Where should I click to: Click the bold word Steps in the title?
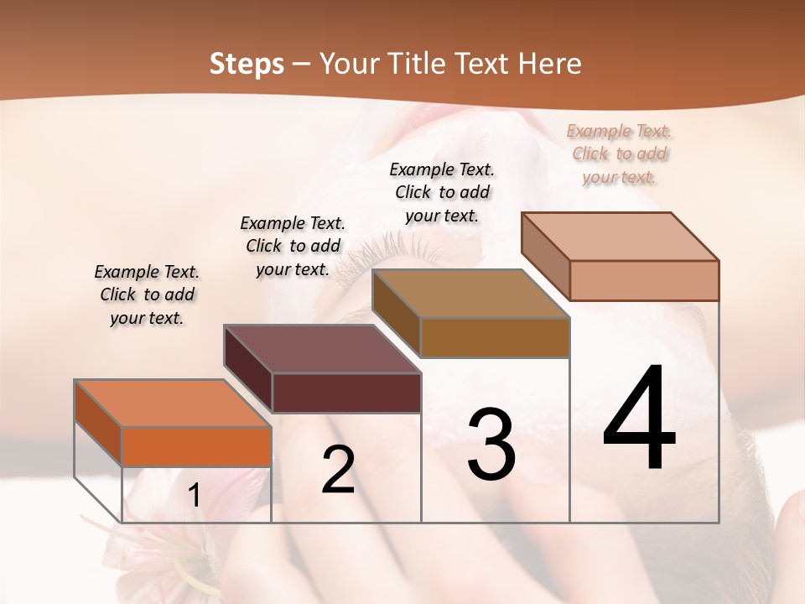coord(247,64)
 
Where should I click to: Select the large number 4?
coord(640,419)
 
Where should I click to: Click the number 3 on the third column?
coord(491,445)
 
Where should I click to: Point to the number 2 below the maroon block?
coord(338,470)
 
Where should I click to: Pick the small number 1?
coord(195,496)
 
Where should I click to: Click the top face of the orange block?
coord(171,404)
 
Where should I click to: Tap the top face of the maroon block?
coord(322,349)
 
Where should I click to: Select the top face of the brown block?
coord(470,294)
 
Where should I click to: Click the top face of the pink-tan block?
coord(620,237)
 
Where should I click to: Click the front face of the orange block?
coord(196,446)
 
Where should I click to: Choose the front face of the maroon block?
coord(346,393)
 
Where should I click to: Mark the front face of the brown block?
coord(495,337)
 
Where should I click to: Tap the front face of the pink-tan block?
coord(644,280)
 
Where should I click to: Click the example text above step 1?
coord(147,294)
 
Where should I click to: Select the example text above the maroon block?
coord(293,246)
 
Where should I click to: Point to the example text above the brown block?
coord(442,192)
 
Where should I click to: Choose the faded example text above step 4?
coord(620,154)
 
